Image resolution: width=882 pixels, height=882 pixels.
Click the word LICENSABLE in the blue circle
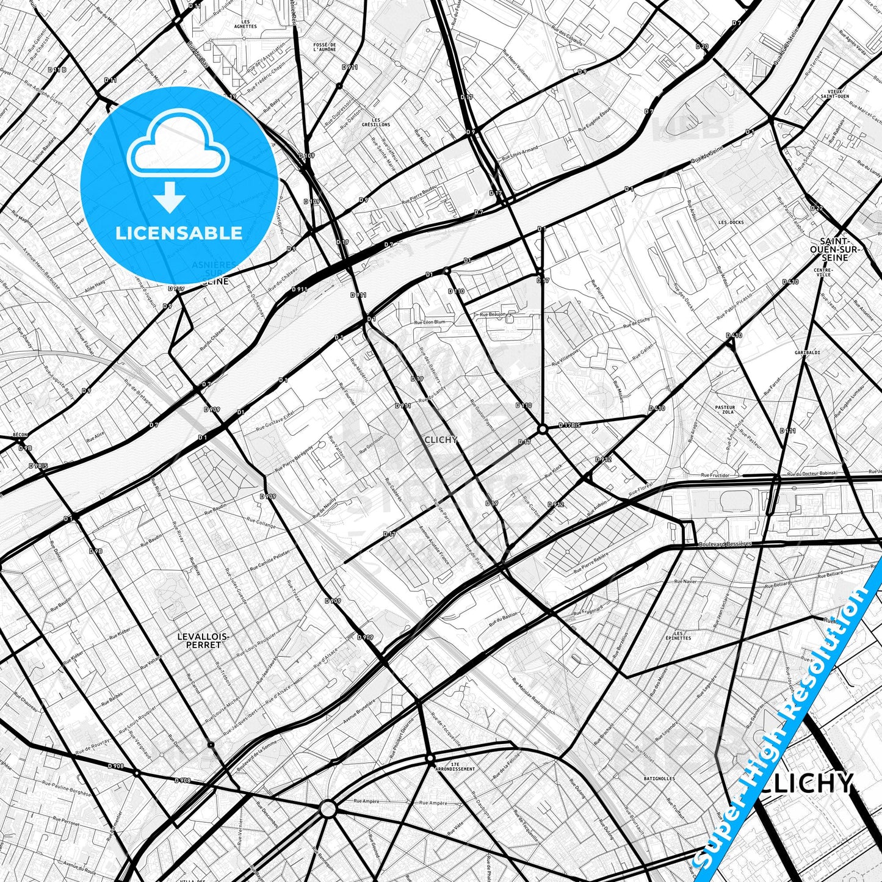click(179, 233)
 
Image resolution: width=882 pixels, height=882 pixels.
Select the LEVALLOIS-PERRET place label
click(203, 640)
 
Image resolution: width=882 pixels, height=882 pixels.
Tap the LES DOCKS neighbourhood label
click(731, 223)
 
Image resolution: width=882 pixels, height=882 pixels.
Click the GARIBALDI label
click(807, 353)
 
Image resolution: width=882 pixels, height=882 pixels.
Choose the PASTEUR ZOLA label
click(725, 410)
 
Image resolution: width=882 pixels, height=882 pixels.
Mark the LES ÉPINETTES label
click(678, 635)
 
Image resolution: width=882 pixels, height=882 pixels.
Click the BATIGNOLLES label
click(659, 779)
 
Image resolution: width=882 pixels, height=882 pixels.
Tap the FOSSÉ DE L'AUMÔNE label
click(324, 47)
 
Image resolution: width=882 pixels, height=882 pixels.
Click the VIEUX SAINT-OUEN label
click(834, 93)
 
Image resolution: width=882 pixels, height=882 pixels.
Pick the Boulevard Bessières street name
click(725, 544)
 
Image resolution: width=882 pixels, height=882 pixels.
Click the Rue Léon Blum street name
click(430, 322)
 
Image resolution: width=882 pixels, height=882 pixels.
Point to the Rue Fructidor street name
click(715, 475)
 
